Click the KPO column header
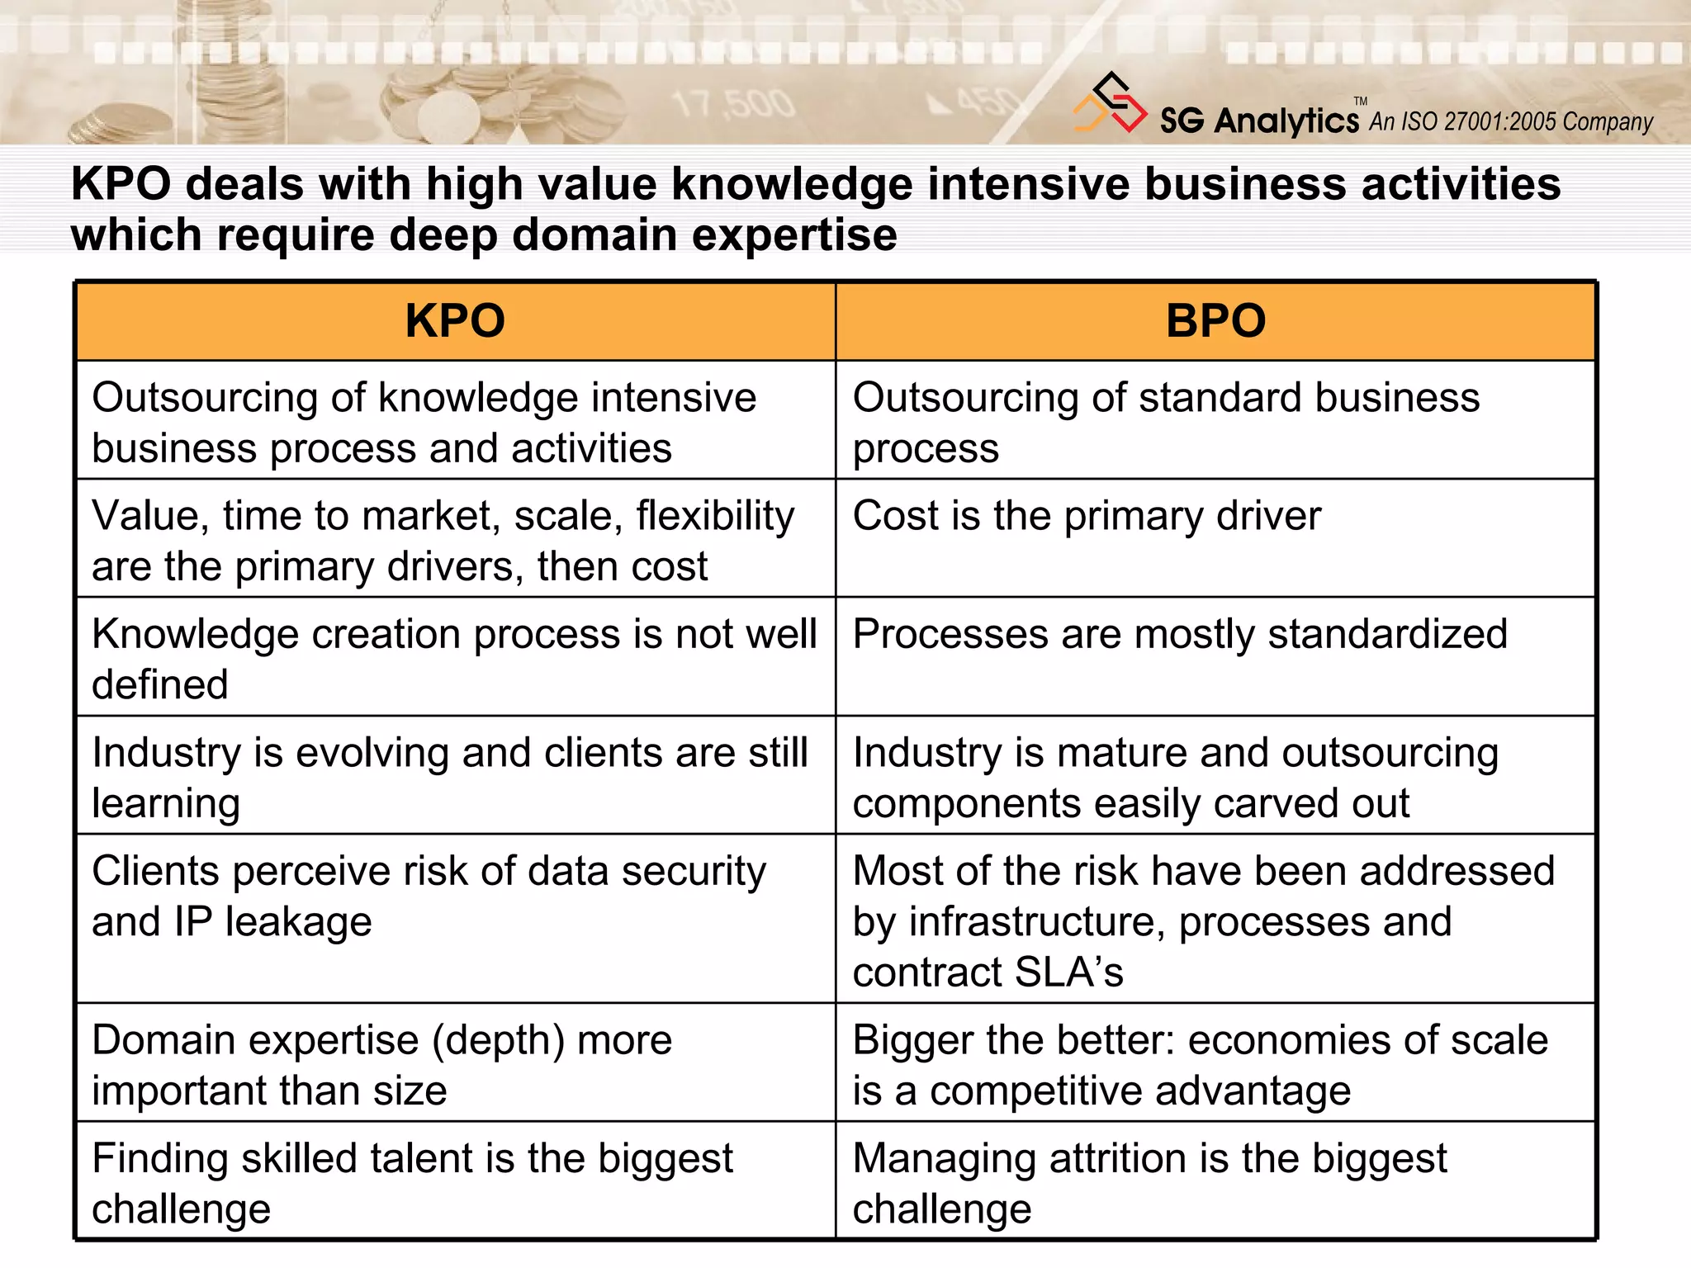pyautogui.click(x=455, y=321)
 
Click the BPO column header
pyautogui.click(x=1215, y=321)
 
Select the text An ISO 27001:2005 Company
pyautogui.click(x=1511, y=122)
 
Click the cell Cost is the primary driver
pyautogui.click(x=1087, y=517)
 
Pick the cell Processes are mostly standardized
pyautogui.click(x=1180, y=635)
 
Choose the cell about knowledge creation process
pyautogui.click(x=454, y=658)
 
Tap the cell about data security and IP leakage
pyautogui.click(x=429, y=896)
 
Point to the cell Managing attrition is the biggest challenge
pyautogui.click(x=1149, y=1182)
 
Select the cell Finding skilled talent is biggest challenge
pyautogui.click(x=413, y=1182)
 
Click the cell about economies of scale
pyautogui.click(x=1200, y=1064)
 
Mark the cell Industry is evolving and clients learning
pyautogui.click(x=450, y=777)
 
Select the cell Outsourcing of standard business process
pyautogui.click(x=1166, y=422)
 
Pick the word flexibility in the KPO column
pyautogui.click(x=715, y=517)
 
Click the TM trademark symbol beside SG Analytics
pyautogui.click(x=1361, y=101)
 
